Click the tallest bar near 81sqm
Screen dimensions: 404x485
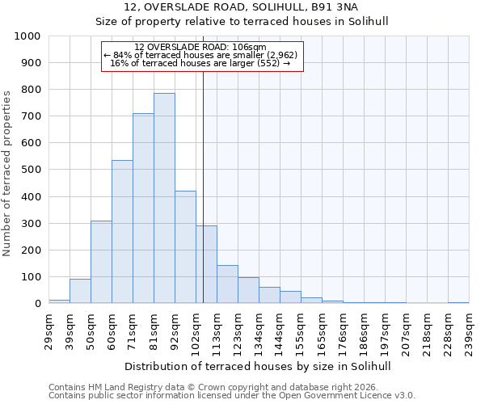[x=164, y=198]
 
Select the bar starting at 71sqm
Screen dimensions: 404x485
[x=143, y=208]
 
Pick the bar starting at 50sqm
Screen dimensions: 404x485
[x=101, y=262]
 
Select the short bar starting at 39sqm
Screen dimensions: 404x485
[x=80, y=291]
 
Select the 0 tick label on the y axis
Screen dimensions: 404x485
[x=37, y=304]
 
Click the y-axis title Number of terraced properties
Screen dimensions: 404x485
[x=8, y=173]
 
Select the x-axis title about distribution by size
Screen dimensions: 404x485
[x=259, y=366]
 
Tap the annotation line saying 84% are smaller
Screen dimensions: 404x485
[x=201, y=54]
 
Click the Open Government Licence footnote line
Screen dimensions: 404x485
[x=232, y=396]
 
